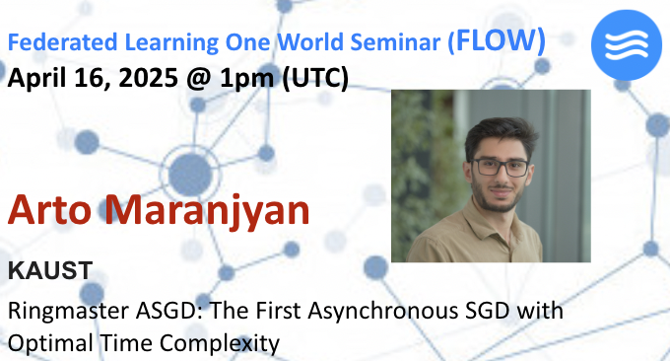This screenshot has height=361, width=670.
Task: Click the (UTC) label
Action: (x=315, y=77)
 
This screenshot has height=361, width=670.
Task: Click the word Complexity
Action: (x=228, y=343)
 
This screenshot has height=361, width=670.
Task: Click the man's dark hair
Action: (x=499, y=133)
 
